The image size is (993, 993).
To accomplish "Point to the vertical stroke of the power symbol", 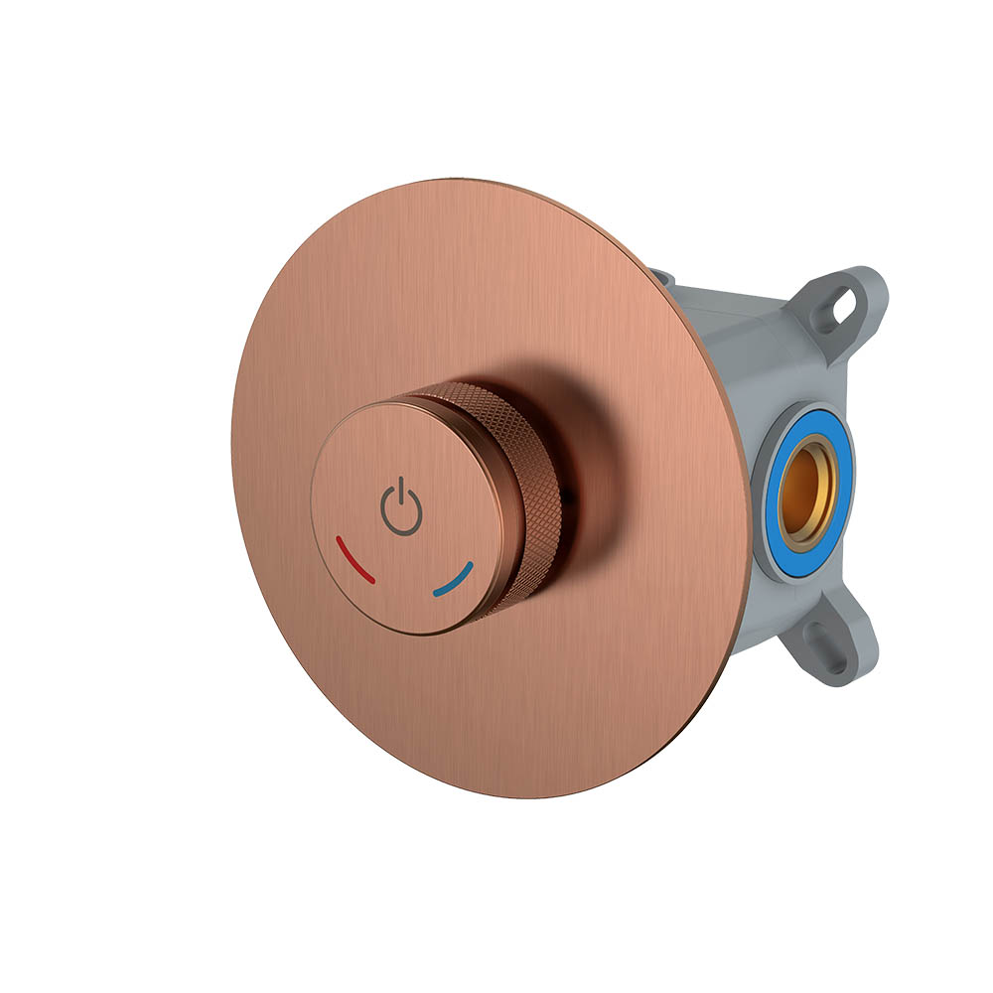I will tap(401, 493).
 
